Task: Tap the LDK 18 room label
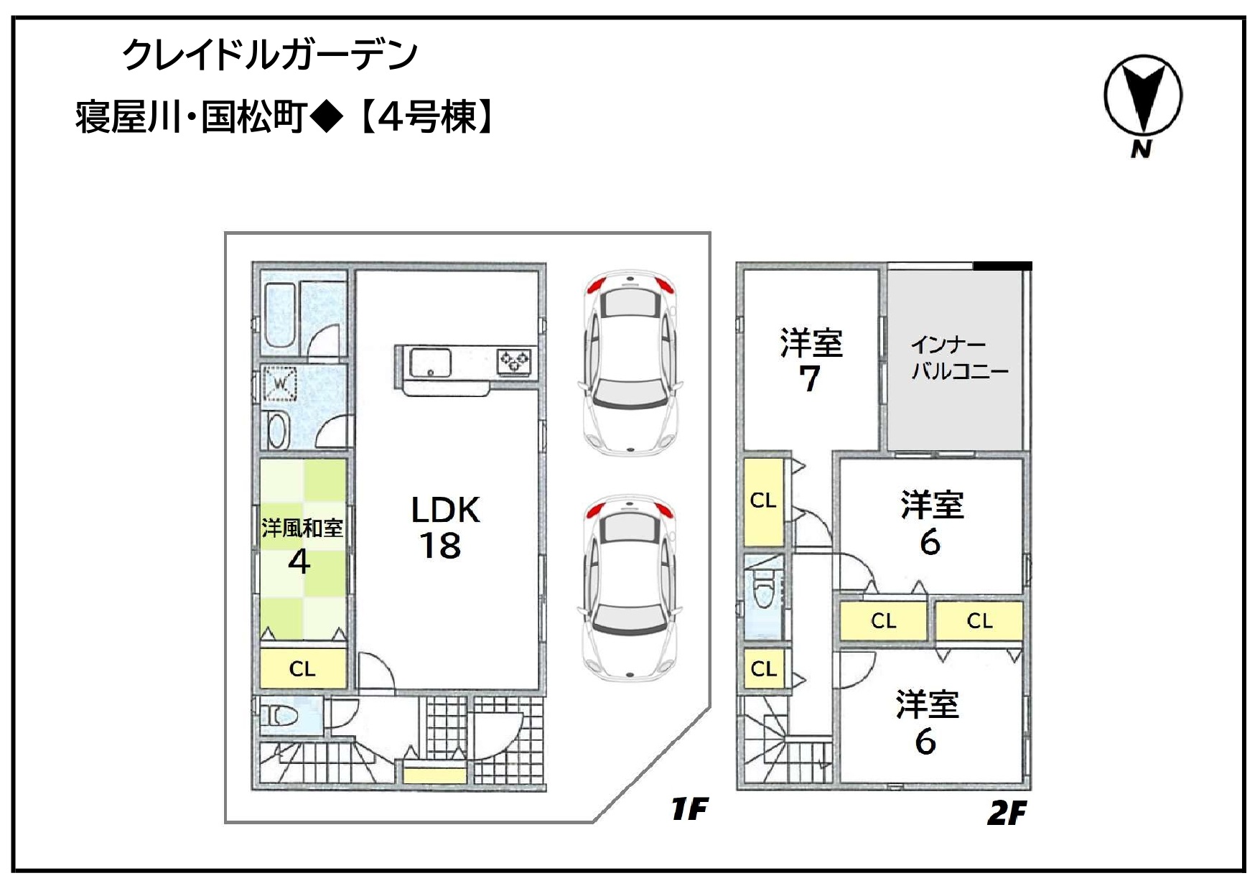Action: pos(444,528)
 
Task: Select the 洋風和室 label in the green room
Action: pos(302,528)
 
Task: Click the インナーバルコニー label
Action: pos(959,358)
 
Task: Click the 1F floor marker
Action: pos(689,809)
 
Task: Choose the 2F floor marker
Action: pos(1007,813)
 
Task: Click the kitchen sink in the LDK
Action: pos(430,362)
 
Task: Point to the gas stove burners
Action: pos(515,360)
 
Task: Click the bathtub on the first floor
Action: pos(279,315)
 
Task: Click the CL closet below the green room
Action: pos(303,668)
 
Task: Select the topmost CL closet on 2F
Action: pos(763,500)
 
